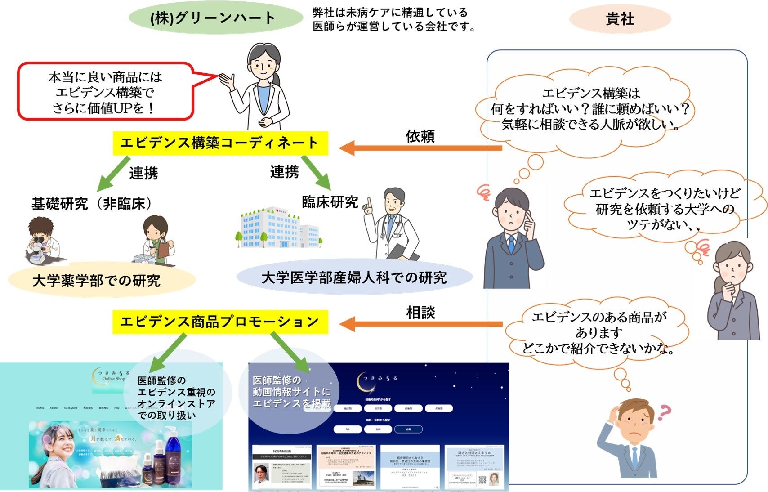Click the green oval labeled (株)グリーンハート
(216, 18)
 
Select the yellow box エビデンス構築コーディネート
(220, 143)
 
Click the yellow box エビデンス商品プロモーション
(220, 322)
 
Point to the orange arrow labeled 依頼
(420, 148)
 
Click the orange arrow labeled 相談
(420, 324)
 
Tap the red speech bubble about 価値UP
(106, 92)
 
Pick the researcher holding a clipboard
(157, 241)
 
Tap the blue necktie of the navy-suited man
(511, 245)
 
